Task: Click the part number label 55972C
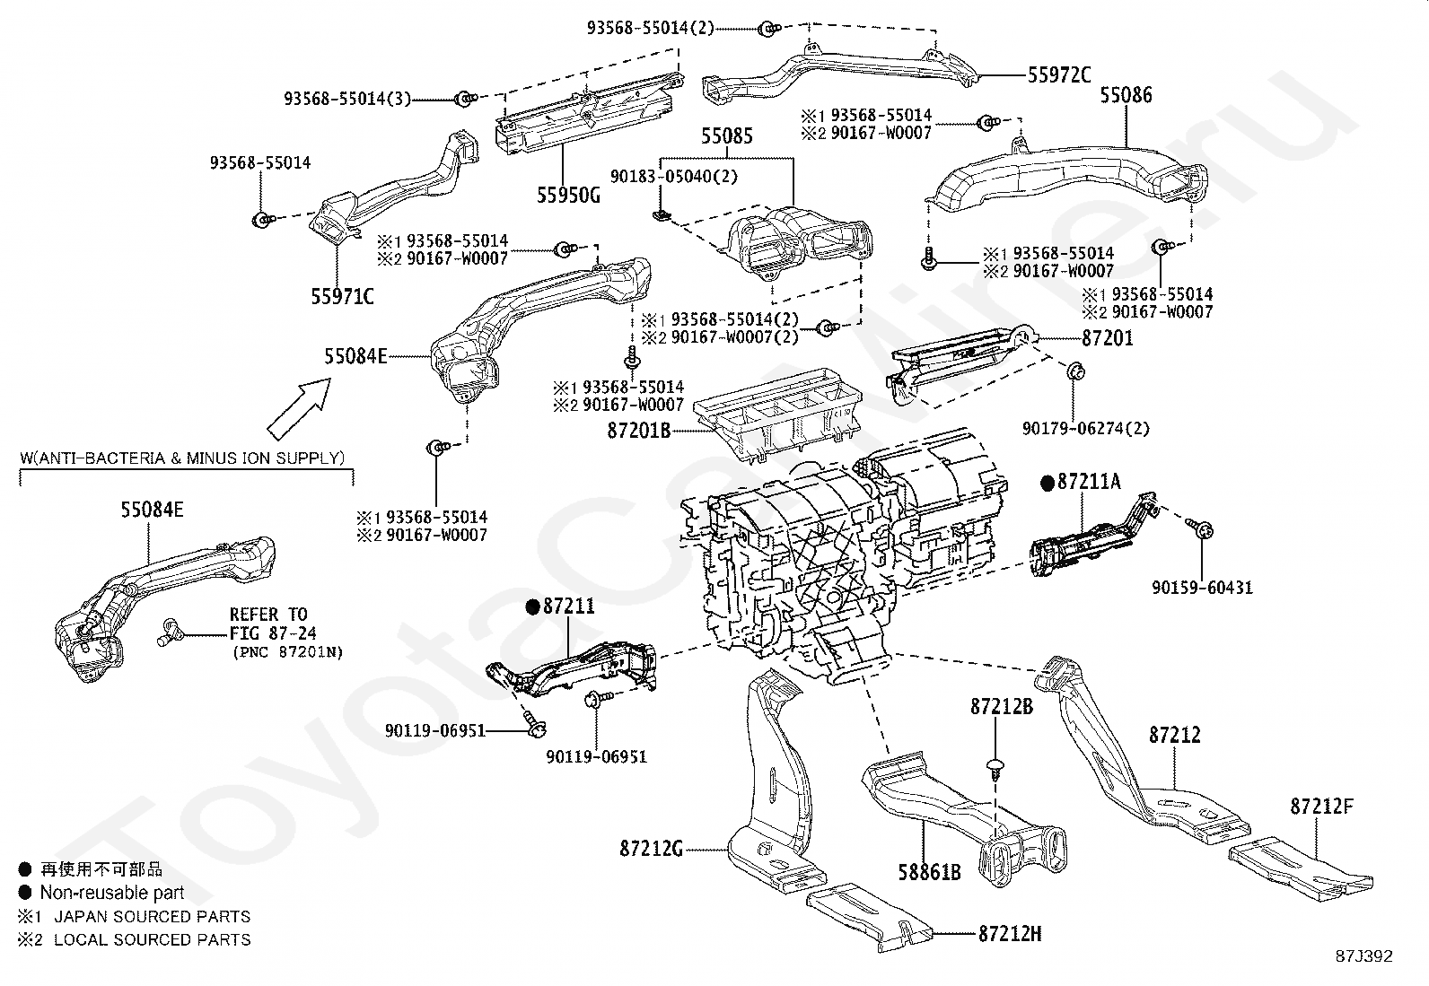tap(1059, 76)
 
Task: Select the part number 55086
tap(1127, 95)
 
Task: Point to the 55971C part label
tap(342, 296)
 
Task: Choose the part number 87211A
tap(1089, 482)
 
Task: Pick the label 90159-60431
tap(1203, 589)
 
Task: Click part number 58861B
tap(930, 870)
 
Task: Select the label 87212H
tap(1010, 934)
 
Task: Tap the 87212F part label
tap(1322, 806)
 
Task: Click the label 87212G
tap(651, 848)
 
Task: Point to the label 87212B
tap(1001, 707)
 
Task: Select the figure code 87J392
tap(1363, 956)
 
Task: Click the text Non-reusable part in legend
tap(111, 893)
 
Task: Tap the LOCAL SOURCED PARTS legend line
tap(152, 940)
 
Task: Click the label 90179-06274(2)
tap(1086, 429)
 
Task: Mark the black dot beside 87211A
tap(1047, 483)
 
